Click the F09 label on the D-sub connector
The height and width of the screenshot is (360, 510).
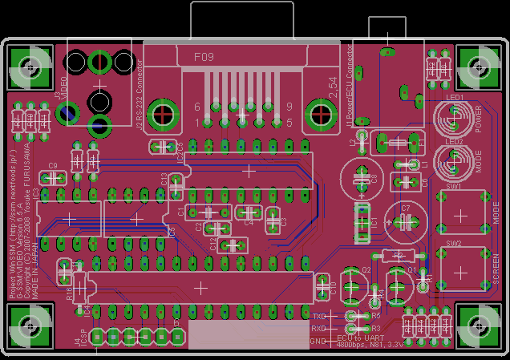[x=204, y=57]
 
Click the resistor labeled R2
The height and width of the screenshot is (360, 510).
[x=394, y=256]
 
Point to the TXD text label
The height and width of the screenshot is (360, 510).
[x=319, y=318]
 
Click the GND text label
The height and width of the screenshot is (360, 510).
[x=319, y=341]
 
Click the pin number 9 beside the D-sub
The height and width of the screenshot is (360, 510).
[x=289, y=106]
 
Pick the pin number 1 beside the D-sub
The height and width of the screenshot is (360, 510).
[x=197, y=122]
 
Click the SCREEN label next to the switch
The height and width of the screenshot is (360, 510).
[x=496, y=269]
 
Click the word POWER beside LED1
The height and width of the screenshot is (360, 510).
[x=479, y=119]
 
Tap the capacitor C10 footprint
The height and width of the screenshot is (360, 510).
[x=325, y=286]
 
